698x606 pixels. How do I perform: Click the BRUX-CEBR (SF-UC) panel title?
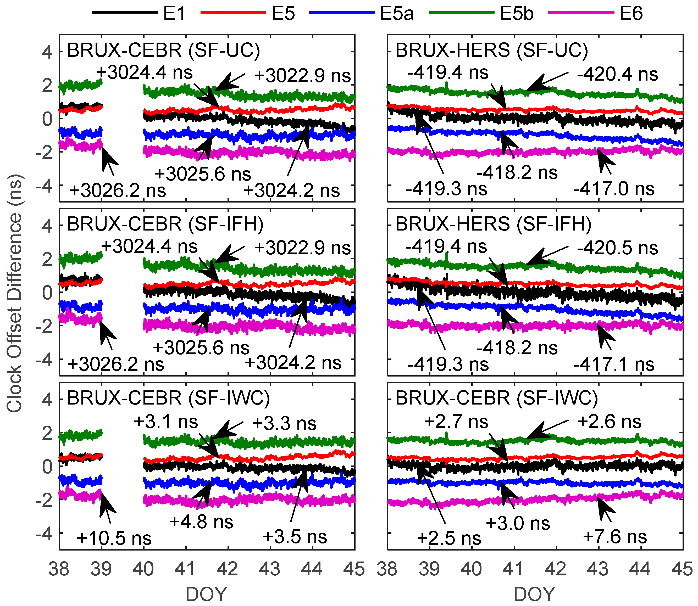pos(163,50)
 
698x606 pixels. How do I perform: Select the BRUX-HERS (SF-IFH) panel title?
pos(493,224)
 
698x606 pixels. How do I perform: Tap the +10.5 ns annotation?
pos(114,538)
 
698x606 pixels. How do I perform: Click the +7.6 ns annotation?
pos(615,536)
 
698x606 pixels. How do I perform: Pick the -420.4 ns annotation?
pos(617,74)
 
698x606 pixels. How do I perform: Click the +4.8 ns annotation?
pos(201,521)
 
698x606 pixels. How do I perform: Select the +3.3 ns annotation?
pos(284,423)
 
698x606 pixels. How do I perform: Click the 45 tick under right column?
pos(682,569)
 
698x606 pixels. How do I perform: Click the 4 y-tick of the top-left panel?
pos(47,52)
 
